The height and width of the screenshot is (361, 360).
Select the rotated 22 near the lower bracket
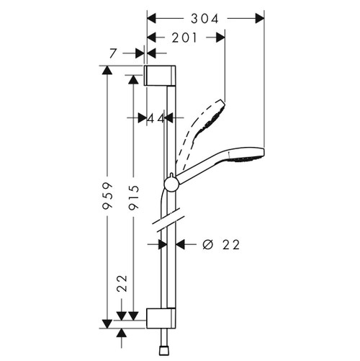pyautogui.click(x=122, y=282)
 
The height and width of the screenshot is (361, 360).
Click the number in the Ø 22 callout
pyautogui.click(x=230, y=244)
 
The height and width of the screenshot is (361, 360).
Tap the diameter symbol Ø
pyautogui.click(x=207, y=244)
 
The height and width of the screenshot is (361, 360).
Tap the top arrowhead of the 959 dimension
pyautogui.click(x=107, y=71)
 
